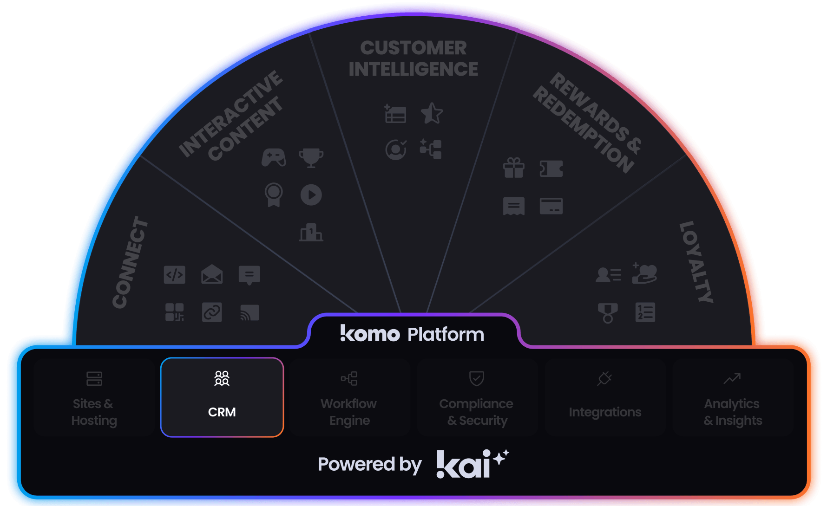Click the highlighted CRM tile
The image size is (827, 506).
coord(222,397)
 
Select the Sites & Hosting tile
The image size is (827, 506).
coord(94,397)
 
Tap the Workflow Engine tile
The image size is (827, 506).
coord(349,397)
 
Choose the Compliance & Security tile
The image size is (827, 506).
coord(477,397)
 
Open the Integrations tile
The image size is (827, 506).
coord(605,397)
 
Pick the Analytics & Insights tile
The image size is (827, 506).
coord(733,397)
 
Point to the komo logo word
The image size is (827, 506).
coord(370,334)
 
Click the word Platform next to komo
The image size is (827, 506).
coord(446,334)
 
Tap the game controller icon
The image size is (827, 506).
coord(274,158)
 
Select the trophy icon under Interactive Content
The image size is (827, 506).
coord(311,158)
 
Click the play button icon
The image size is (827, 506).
coord(311,195)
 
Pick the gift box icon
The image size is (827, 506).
coord(514,168)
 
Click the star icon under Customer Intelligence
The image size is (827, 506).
coord(432,113)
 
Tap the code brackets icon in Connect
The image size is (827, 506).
coord(175,275)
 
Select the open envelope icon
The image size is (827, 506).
coord(212,274)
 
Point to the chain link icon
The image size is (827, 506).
coord(212,312)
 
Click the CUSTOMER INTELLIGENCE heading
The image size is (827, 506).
coord(413,58)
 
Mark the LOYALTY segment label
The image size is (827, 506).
coord(696,262)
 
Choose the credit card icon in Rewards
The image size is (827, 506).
coord(551,206)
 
